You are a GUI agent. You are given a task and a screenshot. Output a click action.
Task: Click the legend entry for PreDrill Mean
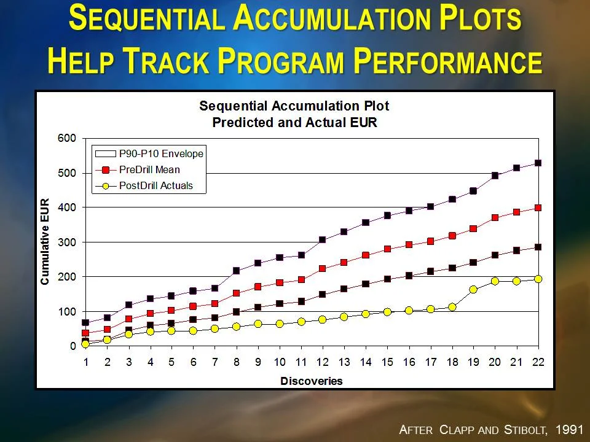(x=149, y=169)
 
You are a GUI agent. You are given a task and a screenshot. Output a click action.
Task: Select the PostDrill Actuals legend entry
(x=155, y=185)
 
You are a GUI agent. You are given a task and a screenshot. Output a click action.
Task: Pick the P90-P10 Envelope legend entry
(x=160, y=153)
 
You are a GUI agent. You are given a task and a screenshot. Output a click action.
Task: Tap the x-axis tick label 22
(x=538, y=362)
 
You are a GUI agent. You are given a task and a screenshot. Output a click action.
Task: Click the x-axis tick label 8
(x=236, y=362)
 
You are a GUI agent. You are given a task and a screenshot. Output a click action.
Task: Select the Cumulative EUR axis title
(x=45, y=242)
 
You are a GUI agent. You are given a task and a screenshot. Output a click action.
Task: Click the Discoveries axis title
(x=312, y=381)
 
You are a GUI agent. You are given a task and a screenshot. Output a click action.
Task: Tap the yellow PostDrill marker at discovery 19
(x=473, y=289)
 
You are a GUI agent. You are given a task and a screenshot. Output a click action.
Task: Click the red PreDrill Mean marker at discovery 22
(x=538, y=208)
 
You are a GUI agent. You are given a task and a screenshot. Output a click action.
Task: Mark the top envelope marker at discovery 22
(x=538, y=163)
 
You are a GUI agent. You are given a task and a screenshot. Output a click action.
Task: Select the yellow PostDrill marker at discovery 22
(x=538, y=279)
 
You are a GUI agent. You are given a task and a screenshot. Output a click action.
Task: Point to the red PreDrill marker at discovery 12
(x=322, y=269)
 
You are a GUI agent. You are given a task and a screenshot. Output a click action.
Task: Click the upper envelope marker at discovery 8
(x=236, y=271)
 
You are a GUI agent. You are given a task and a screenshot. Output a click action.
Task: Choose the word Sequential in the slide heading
(x=147, y=18)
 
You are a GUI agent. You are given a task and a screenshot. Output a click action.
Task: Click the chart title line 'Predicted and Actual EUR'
(x=294, y=122)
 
